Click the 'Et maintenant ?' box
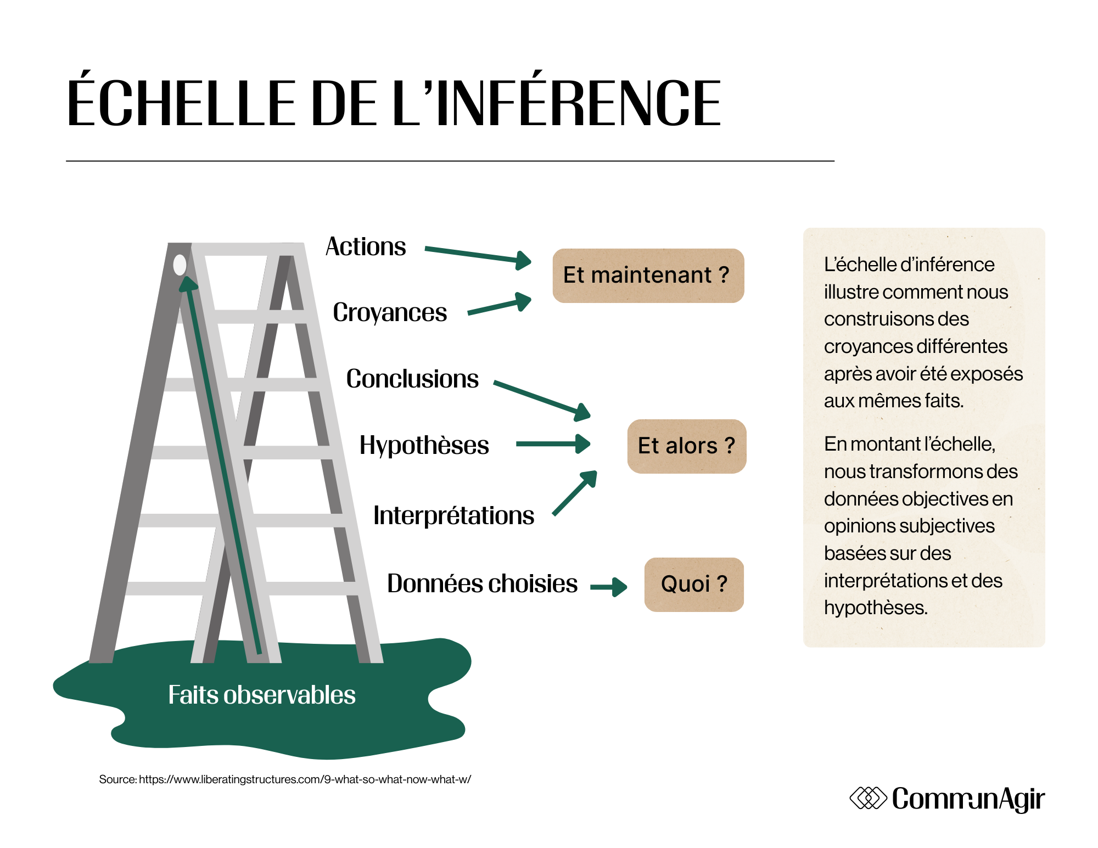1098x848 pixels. point(648,276)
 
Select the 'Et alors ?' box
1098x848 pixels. point(686,446)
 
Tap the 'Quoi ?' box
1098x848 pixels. point(694,585)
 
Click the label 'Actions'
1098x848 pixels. point(366,247)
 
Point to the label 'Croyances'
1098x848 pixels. point(390,313)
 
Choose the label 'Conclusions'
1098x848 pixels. point(412,379)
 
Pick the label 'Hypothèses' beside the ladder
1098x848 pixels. point(424,445)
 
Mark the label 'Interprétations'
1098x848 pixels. point(453,516)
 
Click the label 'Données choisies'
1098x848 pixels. point(482,583)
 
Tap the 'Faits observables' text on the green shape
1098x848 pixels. point(261,695)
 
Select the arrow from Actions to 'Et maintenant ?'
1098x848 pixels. point(478,255)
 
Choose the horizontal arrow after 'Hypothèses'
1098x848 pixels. point(552,444)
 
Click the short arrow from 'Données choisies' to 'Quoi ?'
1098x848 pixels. point(608,587)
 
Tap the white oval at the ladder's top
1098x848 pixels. point(180,265)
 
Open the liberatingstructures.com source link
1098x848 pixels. point(305,779)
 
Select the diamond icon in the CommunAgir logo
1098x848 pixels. point(868,799)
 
